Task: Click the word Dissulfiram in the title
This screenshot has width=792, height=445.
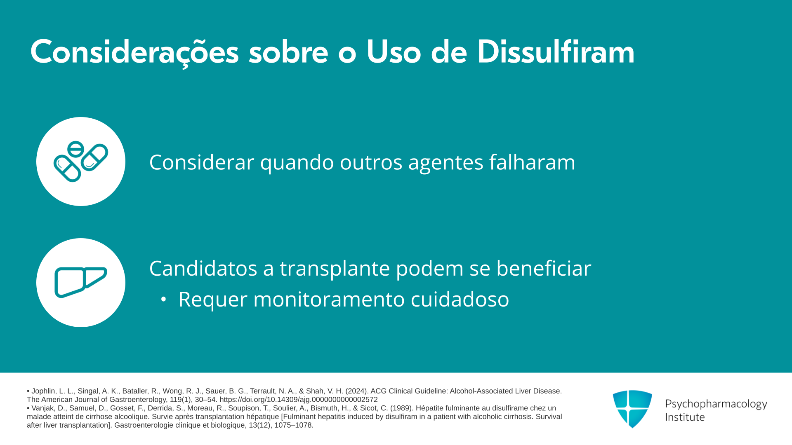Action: [556, 52]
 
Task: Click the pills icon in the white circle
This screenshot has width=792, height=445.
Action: [81, 162]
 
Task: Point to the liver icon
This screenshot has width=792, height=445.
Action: [81, 282]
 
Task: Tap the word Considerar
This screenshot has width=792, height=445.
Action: [202, 162]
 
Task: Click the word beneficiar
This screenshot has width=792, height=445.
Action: [544, 268]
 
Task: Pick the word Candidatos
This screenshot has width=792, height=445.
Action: [203, 268]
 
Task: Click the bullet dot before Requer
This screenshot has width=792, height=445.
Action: [164, 300]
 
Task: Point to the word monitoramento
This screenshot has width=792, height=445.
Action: [329, 299]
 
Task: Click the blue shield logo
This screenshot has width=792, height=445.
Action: [632, 409]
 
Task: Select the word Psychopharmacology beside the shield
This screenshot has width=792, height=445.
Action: [716, 404]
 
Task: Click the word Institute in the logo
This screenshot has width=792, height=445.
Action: [685, 417]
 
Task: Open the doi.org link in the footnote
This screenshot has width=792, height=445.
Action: [299, 400]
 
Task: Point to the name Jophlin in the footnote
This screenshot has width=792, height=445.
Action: [44, 391]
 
